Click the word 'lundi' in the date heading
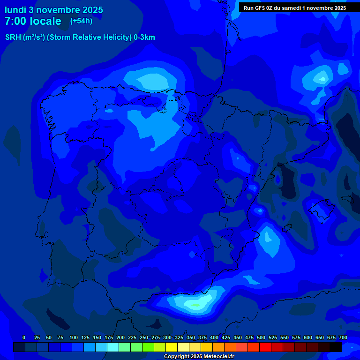click(x=15, y=10)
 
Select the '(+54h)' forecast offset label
click(x=81, y=21)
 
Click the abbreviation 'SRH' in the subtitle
click(x=13, y=37)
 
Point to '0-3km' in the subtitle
click(x=144, y=37)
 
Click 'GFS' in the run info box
click(x=261, y=8)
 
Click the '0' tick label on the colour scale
click(x=24, y=337)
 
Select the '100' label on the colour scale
click(x=74, y=337)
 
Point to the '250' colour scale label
click(x=144, y=337)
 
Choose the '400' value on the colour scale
click(x=214, y=337)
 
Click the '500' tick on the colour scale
click(x=261, y=337)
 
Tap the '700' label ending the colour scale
click(x=343, y=337)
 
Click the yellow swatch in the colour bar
click(x=172, y=347)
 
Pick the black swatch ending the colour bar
click(x=336, y=347)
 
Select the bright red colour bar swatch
click(x=265, y=347)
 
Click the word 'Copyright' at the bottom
click(x=176, y=357)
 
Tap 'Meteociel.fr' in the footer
click(x=219, y=357)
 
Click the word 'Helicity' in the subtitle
click(x=114, y=37)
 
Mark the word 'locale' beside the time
click(x=45, y=21)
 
